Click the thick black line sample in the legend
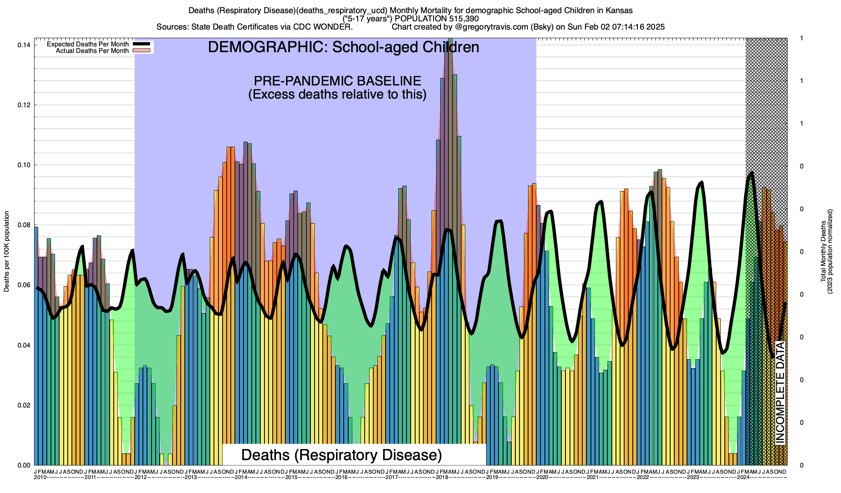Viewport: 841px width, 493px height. click(x=141, y=44)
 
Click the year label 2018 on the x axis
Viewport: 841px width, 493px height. click(x=442, y=477)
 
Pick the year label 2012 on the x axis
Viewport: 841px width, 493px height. click(x=141, y=477)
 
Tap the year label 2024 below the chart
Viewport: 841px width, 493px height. click(x=743, y=477)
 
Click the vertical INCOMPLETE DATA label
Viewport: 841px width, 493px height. click(x=780, y=392)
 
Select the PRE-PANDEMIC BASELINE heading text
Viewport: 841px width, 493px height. click(x=337, y=81)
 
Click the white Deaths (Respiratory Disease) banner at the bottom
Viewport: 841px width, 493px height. click(x=341, y=455)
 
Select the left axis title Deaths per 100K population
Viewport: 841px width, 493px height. click(x=7, y=251)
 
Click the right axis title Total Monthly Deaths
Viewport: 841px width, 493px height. click(x=823, y=251)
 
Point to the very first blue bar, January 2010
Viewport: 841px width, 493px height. click(x=36, y=345)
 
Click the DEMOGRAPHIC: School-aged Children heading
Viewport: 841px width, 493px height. click(x=343, y=47)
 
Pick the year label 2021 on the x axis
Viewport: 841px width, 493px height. click(x=592, y=477)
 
